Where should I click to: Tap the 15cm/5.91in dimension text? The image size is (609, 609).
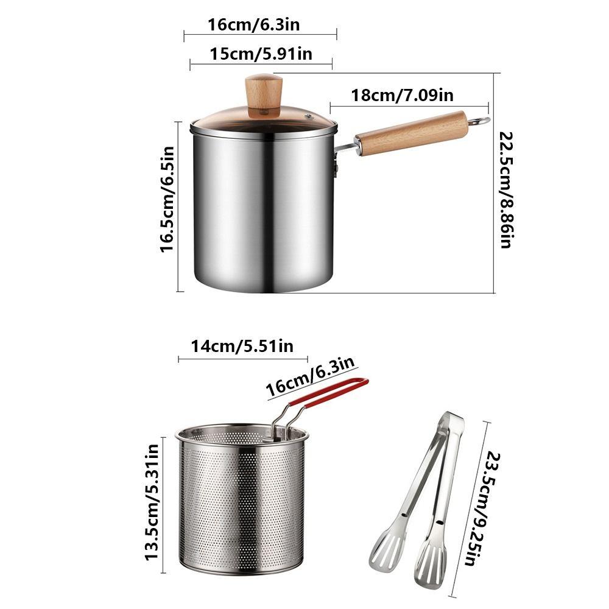click(261, 54)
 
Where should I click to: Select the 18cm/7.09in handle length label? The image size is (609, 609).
click(402, 96)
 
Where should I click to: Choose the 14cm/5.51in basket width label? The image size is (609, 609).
click(242, 347)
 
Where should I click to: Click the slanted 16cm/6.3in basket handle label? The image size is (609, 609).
click(311, 378)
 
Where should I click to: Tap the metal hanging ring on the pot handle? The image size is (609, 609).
click(481, 121)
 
